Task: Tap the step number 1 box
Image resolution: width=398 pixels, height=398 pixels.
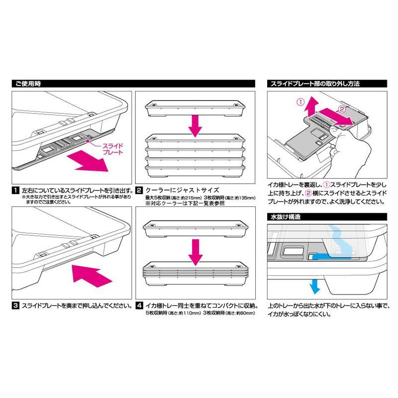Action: pyautogui.click(x=14, y=191)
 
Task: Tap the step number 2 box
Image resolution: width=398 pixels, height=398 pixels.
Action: pyautogui.click(x=140, y=191)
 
